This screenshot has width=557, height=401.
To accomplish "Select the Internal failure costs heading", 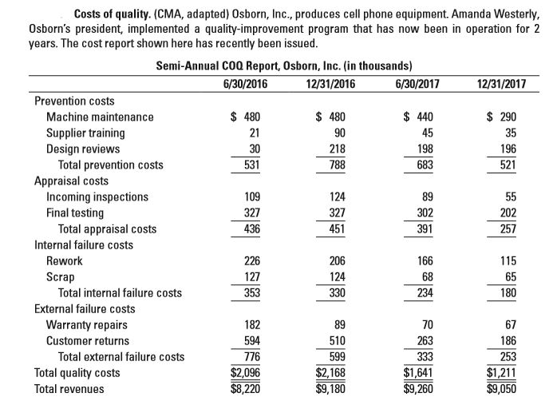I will tap(84, 245).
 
